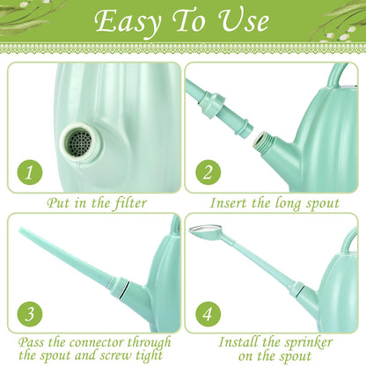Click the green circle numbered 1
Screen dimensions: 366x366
pos(30,172)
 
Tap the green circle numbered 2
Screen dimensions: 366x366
pos(209,172)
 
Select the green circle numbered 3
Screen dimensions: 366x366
pos(30,314)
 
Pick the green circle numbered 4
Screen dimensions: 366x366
pos(209,314)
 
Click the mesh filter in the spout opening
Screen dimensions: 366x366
pos(81,143)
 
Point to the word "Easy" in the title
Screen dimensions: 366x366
pos(128,22)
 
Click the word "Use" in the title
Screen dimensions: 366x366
pos(244,21)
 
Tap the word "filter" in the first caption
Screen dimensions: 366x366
pos(129,203)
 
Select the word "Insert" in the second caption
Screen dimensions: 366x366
pos(228,203)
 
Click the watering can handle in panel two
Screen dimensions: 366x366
pos(340,72)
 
